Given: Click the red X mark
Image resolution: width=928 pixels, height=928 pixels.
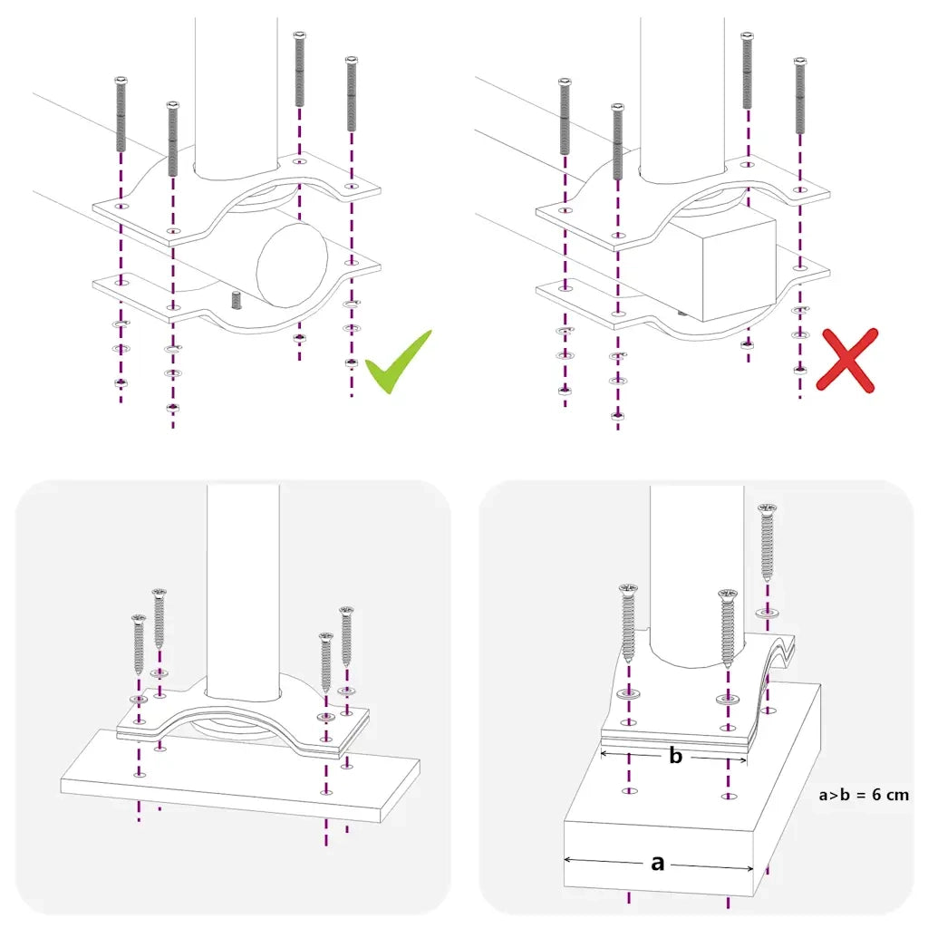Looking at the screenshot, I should tap(846, 360).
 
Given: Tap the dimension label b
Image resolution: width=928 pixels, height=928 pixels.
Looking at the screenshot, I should tap(675, 756).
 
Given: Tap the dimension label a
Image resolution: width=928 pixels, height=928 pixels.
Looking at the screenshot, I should tap(658, 863).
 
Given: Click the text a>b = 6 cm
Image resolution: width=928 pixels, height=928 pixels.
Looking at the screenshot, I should tap(863, 795).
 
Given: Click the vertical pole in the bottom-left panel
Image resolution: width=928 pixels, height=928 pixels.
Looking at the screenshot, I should tap(243, 589).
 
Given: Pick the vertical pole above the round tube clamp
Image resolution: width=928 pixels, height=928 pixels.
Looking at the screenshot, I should tap(236, 91).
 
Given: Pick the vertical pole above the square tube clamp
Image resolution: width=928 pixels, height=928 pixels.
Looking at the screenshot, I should tap(682, 91).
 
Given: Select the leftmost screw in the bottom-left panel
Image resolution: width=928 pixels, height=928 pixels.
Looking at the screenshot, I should tap(139, 643).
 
